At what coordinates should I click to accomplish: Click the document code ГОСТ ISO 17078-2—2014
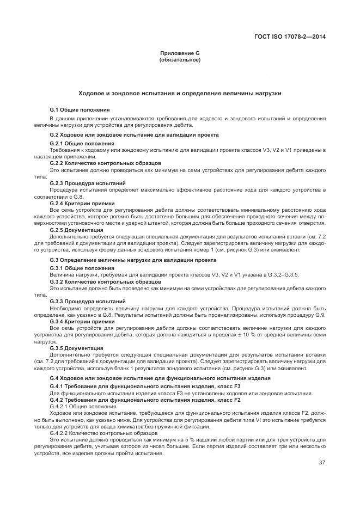(294, 38)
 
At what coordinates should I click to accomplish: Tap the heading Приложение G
(180, 53)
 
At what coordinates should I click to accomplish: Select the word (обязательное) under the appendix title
(180, 59)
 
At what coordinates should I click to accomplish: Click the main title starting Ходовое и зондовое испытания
(180, 94)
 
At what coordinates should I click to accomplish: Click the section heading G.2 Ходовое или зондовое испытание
(134, 134)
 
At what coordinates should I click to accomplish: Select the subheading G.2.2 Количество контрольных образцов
(105, 163)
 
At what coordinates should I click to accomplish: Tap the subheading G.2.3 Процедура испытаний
(88, 183)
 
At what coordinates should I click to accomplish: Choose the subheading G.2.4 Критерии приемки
(83, 204)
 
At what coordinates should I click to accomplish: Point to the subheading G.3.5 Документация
(76, 348)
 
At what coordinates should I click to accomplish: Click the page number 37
(322, 463)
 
